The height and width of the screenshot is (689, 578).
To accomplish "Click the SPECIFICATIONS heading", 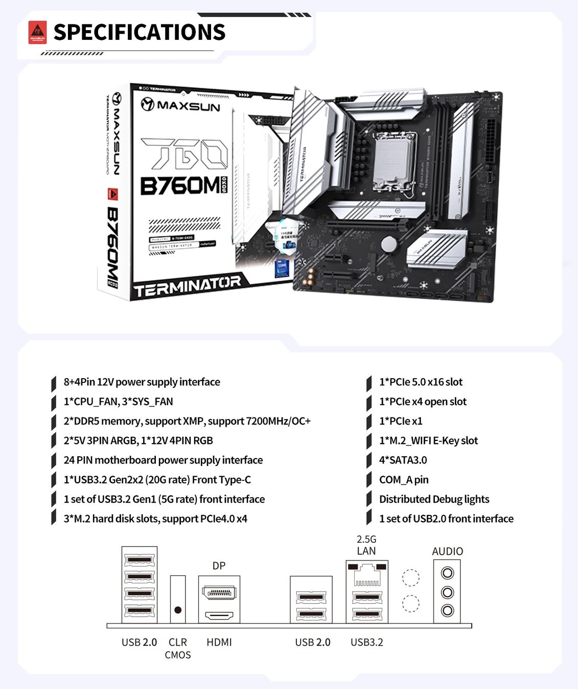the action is (139, 32).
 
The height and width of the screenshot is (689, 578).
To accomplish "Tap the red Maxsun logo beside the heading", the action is (37, 32).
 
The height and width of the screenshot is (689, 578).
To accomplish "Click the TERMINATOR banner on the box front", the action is (187, 286).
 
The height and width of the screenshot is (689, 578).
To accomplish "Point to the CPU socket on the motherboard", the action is (394, 159).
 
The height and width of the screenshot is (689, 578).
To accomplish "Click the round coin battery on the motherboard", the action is (389, 244).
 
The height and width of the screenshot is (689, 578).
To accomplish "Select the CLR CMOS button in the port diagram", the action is (178, 610).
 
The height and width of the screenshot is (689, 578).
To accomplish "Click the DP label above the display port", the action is (219, 565).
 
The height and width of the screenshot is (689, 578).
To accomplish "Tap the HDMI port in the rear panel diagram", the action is (219, 615).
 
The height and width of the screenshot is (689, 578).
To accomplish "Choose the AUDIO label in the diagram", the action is (447, 551).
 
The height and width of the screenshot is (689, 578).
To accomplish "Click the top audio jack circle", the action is (447, 573).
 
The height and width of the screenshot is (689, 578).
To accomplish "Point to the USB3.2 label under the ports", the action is (366, 642).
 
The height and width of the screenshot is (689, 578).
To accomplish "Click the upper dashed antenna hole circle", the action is (410, 578).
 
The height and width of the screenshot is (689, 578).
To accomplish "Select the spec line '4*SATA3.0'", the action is (403, 460).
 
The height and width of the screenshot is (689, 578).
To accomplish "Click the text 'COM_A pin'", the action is (404, 479).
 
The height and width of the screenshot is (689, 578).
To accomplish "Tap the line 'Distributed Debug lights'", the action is (434, 499).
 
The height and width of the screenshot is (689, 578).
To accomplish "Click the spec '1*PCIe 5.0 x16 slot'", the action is (421, 382).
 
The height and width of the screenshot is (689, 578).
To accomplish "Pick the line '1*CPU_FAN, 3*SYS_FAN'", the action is (118, 401).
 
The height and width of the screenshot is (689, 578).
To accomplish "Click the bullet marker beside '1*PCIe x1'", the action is (369, 422).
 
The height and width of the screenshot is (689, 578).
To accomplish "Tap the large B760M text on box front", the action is (180, 186).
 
